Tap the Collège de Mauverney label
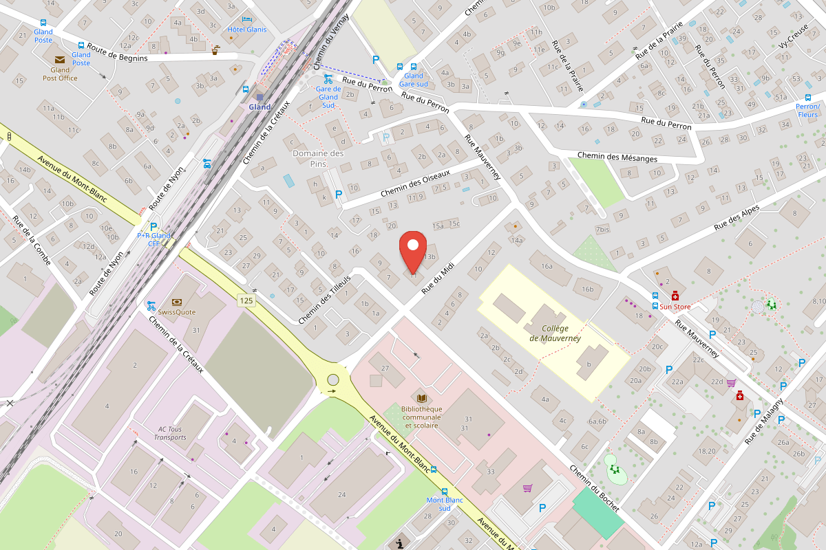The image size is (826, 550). pyautogui.click(x=555, y=333)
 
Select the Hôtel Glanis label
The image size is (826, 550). pyautogui.click(x=246, y=29)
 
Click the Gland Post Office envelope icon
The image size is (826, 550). pyautogui.click(x=60, y=60)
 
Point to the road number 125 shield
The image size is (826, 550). pyautogui.click(x=246, y=300)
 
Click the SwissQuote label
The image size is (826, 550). pyautogui.click(x=176, y=311)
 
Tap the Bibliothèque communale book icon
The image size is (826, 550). pyautogui.click(x=421, y=398)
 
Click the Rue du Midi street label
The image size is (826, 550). pyautogui.click(x=438, y=281)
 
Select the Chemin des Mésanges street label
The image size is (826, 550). pyautogui.click(x=617, y=157)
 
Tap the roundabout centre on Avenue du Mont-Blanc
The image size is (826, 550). pyautogui.click(x=333, y=379)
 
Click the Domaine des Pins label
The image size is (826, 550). pyautogui.click(x=318, y=158)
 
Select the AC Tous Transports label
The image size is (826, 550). pyautogui.click(x=170, y=433)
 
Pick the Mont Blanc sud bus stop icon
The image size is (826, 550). pyautogui.click(x=433, y=470)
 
